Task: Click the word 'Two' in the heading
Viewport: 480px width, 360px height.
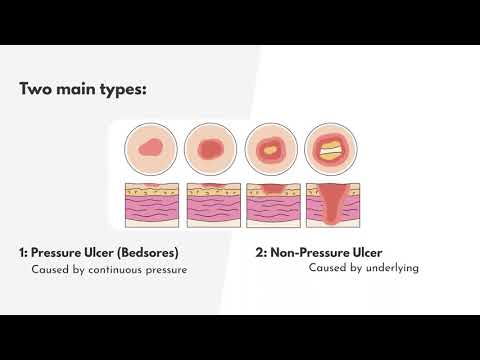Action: coord(37,89)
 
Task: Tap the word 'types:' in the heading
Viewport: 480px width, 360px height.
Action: coord(123,89)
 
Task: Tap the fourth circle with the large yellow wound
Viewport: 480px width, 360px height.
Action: coord(329,148)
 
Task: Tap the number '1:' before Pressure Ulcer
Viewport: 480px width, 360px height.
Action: coord(24,252)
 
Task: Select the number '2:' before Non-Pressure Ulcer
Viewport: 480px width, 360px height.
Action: coord(262,252)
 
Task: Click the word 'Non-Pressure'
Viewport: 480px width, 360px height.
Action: coord(309,252)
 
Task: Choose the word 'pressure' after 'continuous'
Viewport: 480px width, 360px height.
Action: coord(166,270)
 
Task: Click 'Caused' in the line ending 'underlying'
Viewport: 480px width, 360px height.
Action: coord(327,268)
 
